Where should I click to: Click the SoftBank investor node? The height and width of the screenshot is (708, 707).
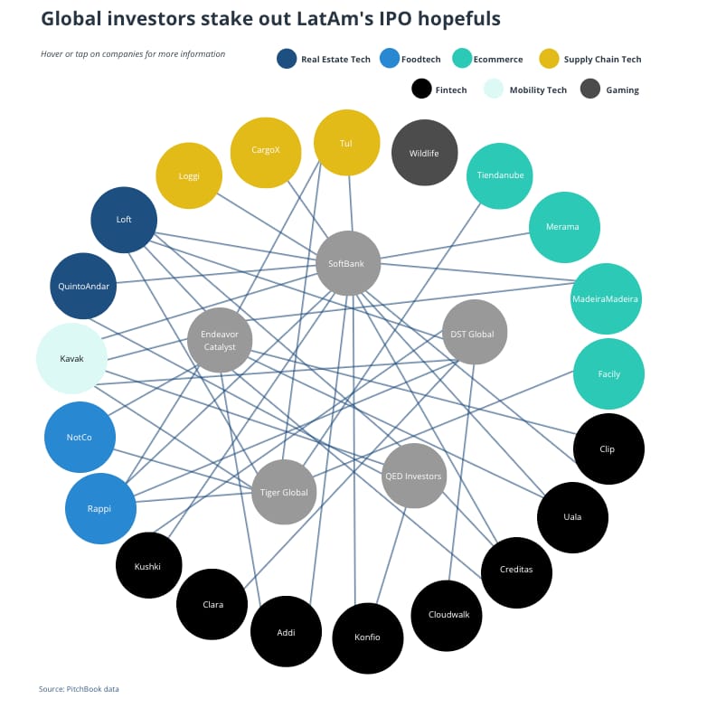click(348, 263)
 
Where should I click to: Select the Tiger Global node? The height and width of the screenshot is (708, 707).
click(284, 492)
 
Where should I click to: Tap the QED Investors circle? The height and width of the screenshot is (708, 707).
click(414, 476)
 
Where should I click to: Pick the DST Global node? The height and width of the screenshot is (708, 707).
click(474, 333)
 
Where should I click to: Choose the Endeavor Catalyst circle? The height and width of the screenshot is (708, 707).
click(220, 340)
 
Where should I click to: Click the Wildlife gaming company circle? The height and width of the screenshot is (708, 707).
click(424, 153)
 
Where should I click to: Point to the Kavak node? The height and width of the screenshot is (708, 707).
click(71, 358)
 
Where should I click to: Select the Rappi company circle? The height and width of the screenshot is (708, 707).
click(100, 508)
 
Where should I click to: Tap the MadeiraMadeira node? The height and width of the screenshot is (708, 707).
click(606, 298)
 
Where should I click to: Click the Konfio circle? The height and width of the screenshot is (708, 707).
click(368, 637)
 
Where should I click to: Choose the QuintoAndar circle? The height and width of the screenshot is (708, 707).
click(84, 287)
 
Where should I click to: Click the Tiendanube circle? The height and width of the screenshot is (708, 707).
click(501, 175)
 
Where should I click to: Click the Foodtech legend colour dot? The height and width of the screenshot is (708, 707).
click(389, 59)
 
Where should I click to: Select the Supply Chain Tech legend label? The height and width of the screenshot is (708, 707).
click(602, 60)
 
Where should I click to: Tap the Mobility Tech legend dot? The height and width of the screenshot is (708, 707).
click(493, 89)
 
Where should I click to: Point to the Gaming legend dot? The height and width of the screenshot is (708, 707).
click(590, 89)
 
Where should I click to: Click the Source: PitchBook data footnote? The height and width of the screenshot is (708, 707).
click(79, 689)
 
